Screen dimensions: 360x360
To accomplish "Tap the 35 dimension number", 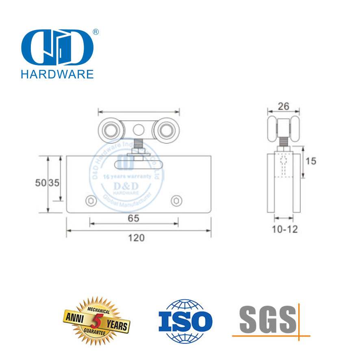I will click(x=54, y=183).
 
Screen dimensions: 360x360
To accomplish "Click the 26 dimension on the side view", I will click(x=283, y=106).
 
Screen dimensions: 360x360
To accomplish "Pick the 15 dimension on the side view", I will click(x=311, y=161).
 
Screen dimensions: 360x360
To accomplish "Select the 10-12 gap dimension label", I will click(x=284, y=229).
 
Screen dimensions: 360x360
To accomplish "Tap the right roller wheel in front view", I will click(x=166, y=130).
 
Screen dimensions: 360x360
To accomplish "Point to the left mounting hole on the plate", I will click(x=90, y=200).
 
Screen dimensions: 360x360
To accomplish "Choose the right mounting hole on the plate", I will click(x=176, y=200).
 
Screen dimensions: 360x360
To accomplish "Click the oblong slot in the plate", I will click(x=139, y=164).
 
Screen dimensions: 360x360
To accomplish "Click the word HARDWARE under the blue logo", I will click(x=57, y=74).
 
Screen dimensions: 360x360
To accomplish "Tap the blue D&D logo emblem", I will click(x=56, y=48).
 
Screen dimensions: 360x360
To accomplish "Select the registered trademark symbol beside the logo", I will click(x=96, y=32).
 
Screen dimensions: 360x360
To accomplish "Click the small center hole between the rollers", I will click(x=139, y=130).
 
